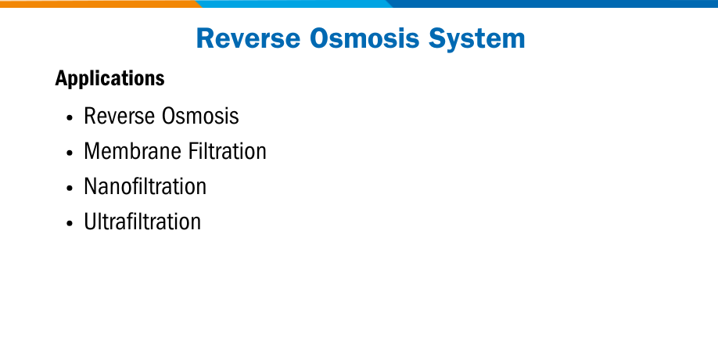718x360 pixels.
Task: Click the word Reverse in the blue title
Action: coord(248,38)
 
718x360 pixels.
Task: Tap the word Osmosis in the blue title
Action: coord(364,38)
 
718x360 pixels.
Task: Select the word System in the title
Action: coord(476,39)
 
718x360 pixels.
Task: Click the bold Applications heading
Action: coord(110,78)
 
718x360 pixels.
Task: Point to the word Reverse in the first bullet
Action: coord(120,116)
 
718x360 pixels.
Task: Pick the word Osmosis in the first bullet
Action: coord(200,116)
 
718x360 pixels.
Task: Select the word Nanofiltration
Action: coord(145,186)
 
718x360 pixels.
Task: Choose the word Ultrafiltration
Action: coord(142,221)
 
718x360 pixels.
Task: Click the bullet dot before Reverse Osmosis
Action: coord(70,117)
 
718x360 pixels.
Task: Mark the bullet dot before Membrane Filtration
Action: coord(70,153)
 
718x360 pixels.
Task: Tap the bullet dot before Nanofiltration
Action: coord(70,189)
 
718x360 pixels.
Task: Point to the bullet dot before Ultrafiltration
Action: coord(70,224)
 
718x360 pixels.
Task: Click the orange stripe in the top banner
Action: coord(99,4)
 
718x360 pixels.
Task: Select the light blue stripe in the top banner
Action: coord(293,4)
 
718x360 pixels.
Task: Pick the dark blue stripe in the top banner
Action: coord(551,4)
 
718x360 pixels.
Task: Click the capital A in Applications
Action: coord(62,78)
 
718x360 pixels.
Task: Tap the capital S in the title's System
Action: coord(437,38)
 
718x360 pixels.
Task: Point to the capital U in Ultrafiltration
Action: coord(90,222)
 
